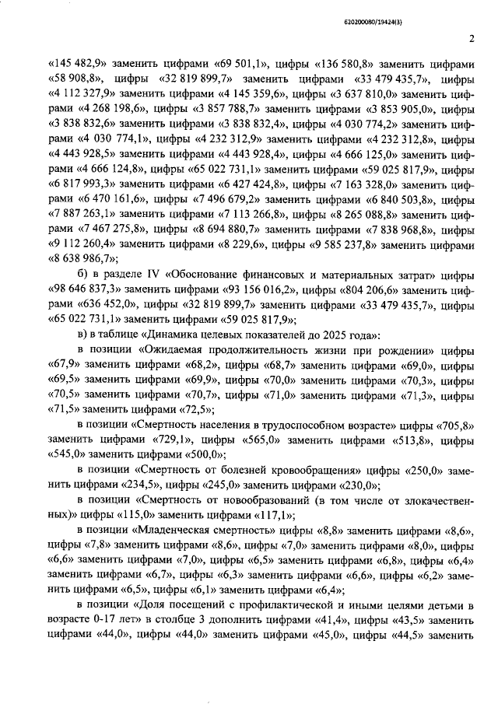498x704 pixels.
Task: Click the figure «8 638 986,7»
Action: (82, 258)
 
